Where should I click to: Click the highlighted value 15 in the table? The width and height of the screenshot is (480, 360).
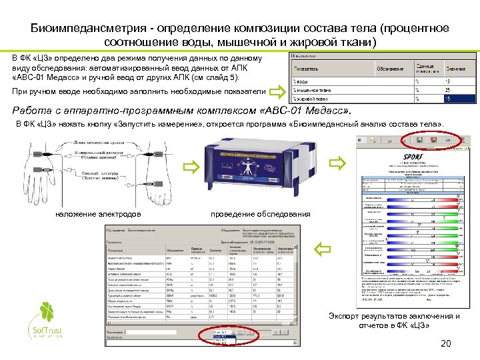(447, 99)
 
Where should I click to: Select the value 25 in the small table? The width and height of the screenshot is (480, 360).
(447, 89)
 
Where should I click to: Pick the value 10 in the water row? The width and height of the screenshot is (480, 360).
(447, 81)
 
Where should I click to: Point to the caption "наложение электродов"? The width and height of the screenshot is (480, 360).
(94, 214)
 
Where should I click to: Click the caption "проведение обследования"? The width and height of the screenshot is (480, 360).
(260, 214)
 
